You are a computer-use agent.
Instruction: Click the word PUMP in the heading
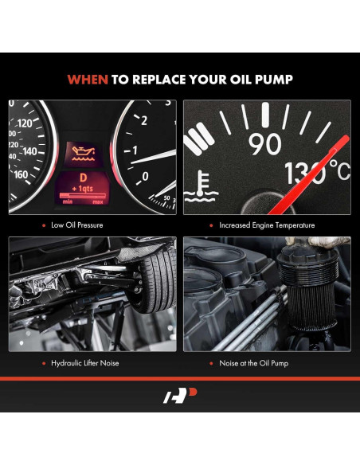pos(275,79)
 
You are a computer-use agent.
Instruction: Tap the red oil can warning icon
pos(81,148)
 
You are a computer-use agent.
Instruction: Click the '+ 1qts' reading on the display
pos(80,190)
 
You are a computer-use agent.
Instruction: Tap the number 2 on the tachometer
pos(143,120)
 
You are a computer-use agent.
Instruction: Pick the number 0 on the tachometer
pos(143,176)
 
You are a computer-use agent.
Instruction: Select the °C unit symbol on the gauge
pos(338,170)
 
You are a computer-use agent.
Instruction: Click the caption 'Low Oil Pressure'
pos(78,225)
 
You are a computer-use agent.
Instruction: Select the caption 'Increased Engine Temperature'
pos(262,225)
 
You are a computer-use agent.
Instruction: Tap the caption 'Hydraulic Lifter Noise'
pos(86,363)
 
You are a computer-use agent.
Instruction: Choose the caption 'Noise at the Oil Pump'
pos(253,363)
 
